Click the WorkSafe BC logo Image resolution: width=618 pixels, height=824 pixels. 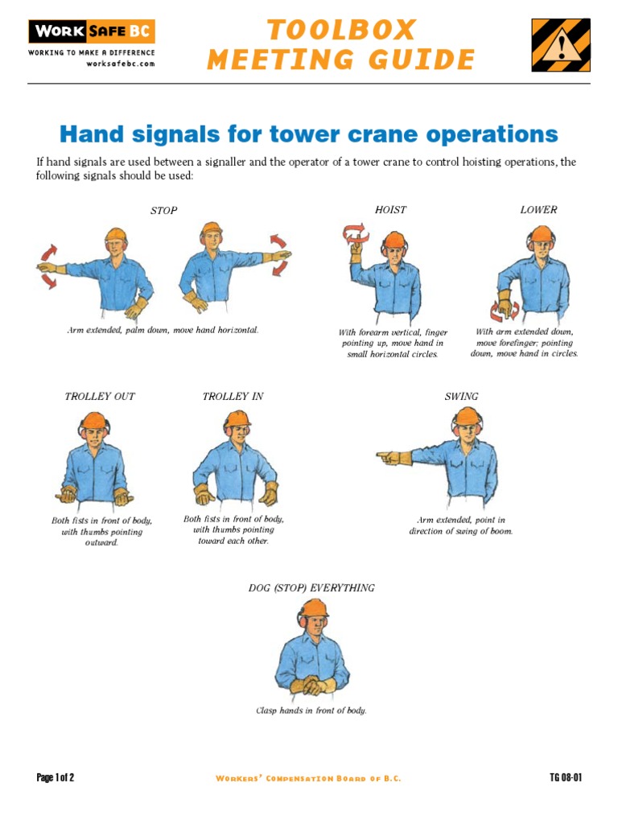(91, 32)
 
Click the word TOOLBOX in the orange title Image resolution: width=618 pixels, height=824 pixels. (341, 31)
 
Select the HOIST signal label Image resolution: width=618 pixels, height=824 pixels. (390, 210)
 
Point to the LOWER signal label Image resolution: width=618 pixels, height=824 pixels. (538, 210)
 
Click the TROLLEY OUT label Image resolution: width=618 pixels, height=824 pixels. (100, 397)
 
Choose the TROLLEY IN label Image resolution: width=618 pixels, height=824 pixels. (233, 397)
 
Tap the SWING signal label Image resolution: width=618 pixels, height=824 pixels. (461, 397)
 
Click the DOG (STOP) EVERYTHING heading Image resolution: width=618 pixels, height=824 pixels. (311, 588)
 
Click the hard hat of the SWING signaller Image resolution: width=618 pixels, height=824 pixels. (467, 417)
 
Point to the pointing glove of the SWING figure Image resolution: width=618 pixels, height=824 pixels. (393, 458)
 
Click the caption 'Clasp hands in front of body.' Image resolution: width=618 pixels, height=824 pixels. (311, 711)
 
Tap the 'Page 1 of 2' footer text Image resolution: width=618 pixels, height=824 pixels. (56, 777)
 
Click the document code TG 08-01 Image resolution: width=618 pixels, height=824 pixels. (565, 777)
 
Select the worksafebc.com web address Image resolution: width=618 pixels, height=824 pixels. (120, 64)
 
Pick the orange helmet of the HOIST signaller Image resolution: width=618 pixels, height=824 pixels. (394, 240)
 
